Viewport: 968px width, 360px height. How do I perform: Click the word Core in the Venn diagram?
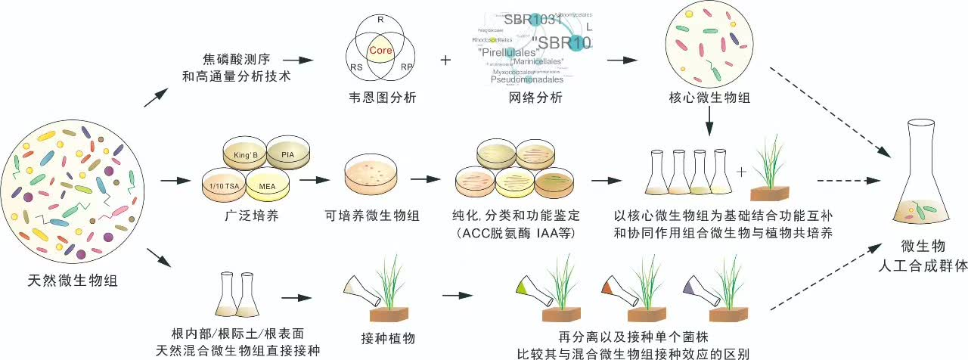click(x=380, y=50)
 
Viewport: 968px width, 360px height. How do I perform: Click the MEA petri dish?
click(x=266, y=185)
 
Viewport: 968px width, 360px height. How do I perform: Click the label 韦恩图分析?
click(x=378, y=98)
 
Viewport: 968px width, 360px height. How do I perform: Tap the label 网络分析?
click(x=532, y=98)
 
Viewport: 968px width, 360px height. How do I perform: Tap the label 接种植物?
click(x=389, y=338)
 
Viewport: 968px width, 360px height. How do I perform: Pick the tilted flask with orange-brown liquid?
click(x=618, y=292)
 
